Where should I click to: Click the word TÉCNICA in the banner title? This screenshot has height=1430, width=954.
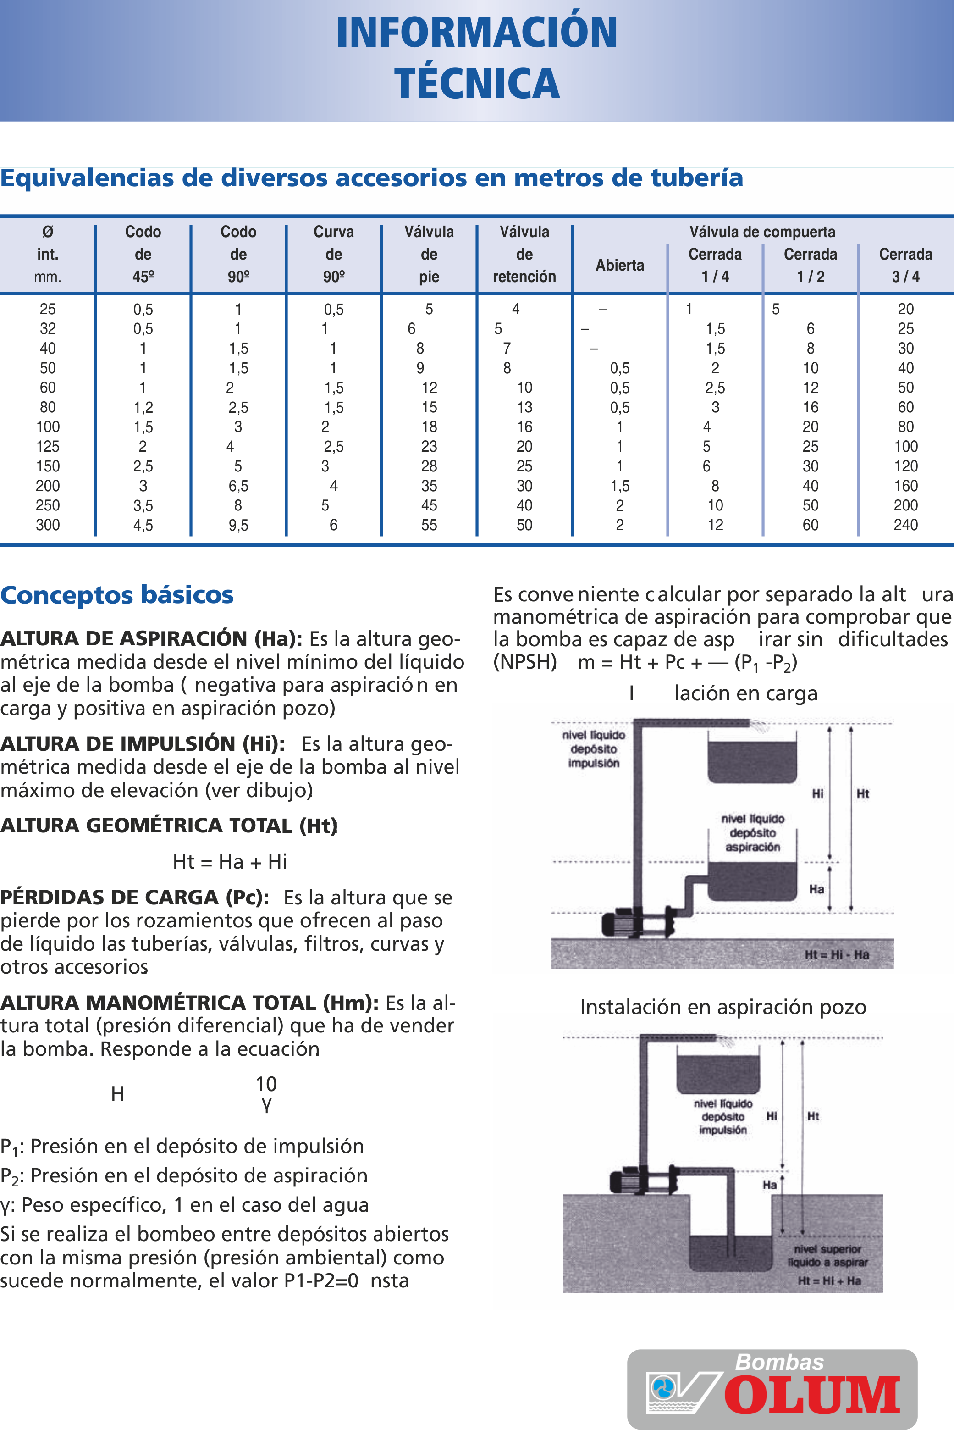click(476, 83)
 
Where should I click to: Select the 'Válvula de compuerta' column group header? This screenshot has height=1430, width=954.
click(762, 232)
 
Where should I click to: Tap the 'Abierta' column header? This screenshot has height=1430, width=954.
click(619, 265)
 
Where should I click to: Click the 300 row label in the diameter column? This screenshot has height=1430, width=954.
click(48, 525)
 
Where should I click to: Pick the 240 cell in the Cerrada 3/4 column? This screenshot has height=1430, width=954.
click(905, 525)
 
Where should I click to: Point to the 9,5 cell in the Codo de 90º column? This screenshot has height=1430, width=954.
click(238, 525)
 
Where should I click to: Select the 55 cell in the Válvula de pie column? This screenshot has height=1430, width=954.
click(429, 525)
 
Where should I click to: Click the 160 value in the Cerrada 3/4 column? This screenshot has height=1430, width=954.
click(905, 486)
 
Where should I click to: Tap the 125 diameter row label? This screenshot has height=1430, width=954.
click(48, 447)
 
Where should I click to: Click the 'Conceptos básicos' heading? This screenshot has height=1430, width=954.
click(117, 594)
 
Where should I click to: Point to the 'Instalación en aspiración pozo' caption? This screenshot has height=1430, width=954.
click(723, 1007)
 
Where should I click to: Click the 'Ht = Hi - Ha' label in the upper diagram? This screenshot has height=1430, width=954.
click(837, 954)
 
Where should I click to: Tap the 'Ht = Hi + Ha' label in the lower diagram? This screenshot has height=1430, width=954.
click(829, 1280)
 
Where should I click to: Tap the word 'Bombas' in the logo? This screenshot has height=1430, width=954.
click(779, 1362)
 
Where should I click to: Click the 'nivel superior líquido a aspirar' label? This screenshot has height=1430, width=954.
click(827, 1255)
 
